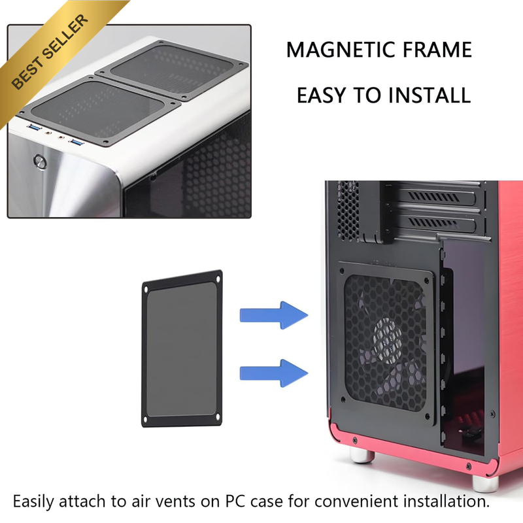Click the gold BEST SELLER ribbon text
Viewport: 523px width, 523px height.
click(50, 52)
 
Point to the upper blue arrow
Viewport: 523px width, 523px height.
click(273, 315)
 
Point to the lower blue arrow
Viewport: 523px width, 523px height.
click(273, 373)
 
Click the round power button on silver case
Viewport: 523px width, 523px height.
click(40, 161)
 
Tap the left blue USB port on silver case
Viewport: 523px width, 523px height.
click(34, 127)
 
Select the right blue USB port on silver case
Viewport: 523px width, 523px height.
click(76, 143)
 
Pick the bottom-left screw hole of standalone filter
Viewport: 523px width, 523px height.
click(145, 419)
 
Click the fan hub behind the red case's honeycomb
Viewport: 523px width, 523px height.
click(388, 340)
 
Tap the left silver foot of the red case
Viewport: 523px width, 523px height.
click(362, 455)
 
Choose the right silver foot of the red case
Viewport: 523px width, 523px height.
click(485, 484)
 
